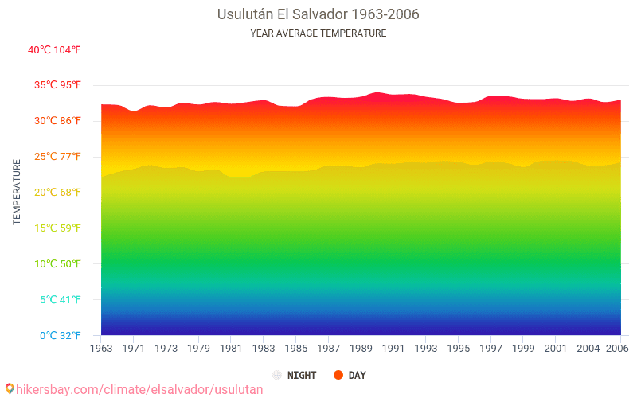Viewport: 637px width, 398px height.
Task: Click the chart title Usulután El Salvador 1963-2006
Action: point(318,14)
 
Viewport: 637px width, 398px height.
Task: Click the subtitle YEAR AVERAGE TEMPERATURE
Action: point(318,33)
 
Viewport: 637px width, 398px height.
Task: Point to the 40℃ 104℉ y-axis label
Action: point(54,49)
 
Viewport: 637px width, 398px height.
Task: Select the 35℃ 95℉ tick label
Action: point(54,85)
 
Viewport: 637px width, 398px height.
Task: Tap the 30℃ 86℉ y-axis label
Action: point(54,121)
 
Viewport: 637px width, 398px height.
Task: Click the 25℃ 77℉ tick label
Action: point(54,157)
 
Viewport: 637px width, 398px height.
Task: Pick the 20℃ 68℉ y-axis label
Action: point(54,193)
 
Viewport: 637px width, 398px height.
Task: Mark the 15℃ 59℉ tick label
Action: point(54,228)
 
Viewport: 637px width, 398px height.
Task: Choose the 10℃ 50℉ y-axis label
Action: point(54,264)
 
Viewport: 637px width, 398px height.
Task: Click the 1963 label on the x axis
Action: point(101,349)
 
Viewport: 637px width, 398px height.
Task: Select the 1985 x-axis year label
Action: point(295,349)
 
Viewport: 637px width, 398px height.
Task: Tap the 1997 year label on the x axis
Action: point(490,349)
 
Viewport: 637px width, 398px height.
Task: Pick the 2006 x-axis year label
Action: point(615,349)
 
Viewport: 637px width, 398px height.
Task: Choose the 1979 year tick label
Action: point(198,349)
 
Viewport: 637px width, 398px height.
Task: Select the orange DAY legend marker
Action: point(338,375)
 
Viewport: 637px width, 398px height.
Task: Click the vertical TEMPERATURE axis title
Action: point(17,192)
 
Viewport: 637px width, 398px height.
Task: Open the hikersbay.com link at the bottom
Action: point(134,389)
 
